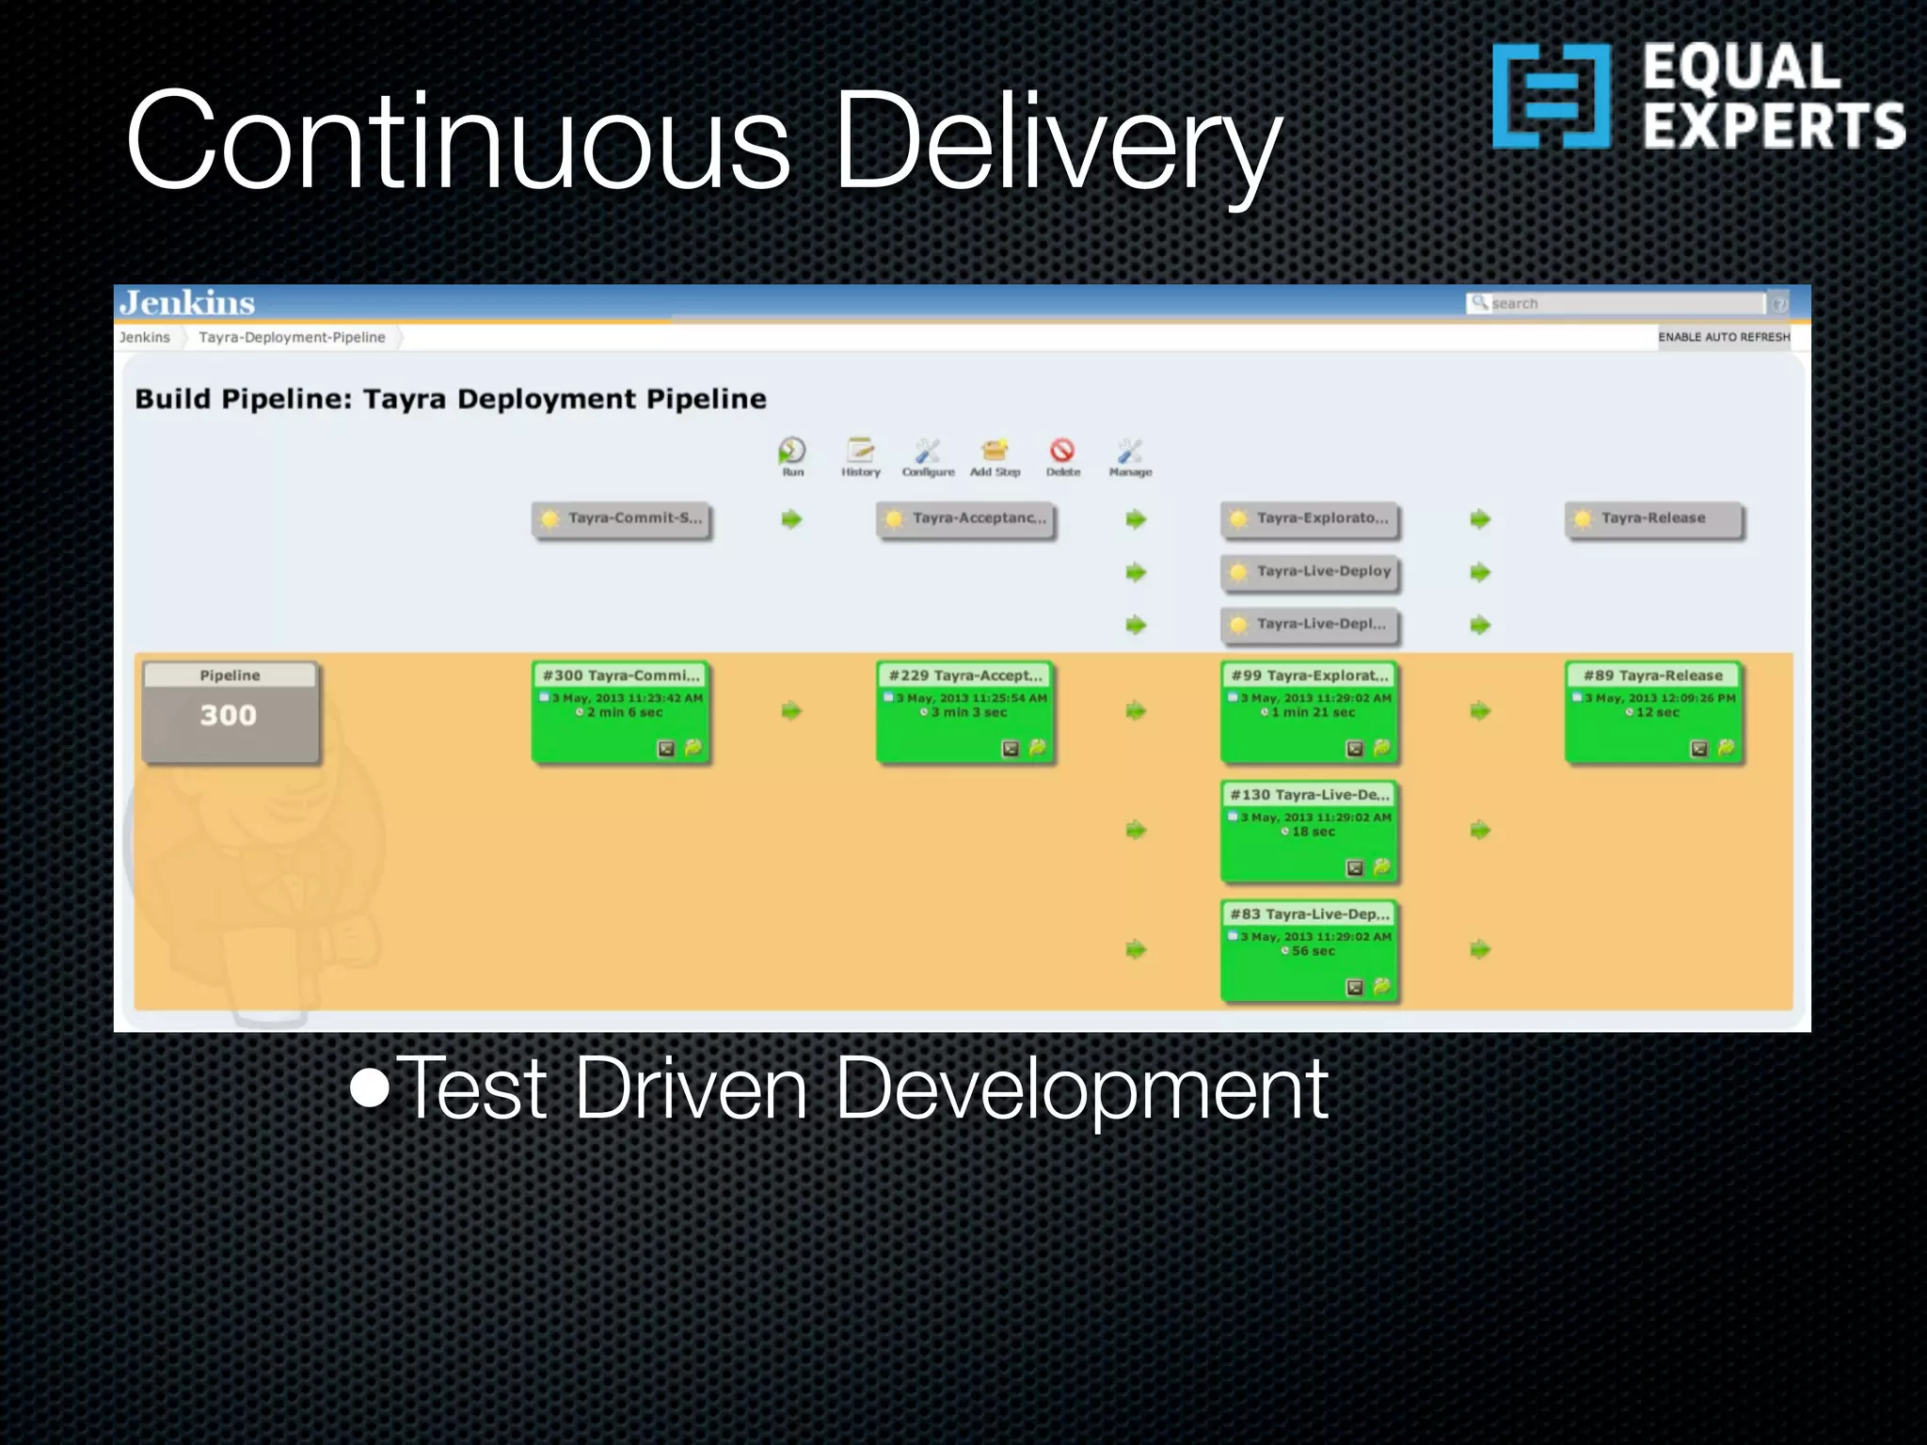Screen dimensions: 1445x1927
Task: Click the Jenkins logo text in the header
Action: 186,303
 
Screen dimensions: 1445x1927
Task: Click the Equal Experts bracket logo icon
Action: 1551,96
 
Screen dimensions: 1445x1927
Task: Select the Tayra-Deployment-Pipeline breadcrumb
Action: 292,337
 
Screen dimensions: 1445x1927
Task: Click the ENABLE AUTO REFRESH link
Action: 1724,337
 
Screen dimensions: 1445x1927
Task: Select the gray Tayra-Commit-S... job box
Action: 621,519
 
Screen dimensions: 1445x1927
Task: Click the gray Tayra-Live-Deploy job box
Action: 1310,572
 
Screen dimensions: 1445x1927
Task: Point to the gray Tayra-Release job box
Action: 1654,519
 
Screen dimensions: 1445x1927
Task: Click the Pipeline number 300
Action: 229,716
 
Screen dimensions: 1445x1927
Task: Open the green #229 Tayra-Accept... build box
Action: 965,712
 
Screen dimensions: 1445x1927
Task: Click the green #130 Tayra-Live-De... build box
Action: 1310,832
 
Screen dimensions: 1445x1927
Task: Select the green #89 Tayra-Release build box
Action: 1654,712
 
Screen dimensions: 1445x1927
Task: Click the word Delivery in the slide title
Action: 1058,143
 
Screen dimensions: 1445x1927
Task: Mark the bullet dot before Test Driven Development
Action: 370,1088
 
